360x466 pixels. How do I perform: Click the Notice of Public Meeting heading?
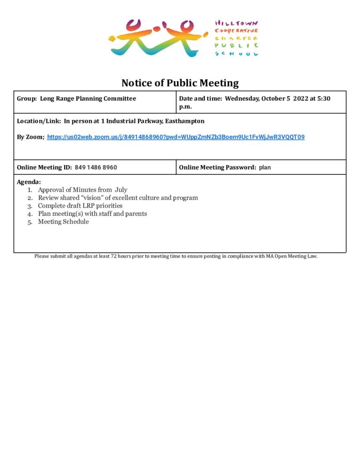(180, 83)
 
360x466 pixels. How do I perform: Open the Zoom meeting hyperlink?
(176, 137)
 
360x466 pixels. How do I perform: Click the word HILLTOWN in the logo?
(236, 23)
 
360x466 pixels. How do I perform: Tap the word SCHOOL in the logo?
(236, 54)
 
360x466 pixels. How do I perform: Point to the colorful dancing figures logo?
(155, 38)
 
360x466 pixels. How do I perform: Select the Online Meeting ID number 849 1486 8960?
(96, 167)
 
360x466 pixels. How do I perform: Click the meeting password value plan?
(265, 167)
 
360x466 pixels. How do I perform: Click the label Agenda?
(29, 182)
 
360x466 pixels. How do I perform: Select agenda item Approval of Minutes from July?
(82, 190)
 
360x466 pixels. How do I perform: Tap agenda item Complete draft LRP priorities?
(80, 206)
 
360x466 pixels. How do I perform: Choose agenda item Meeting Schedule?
(63, 222)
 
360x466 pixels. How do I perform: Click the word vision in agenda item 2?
(89, 198)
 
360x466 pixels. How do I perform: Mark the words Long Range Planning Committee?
(88, 98)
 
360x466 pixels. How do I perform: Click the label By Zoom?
(30, 137)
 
